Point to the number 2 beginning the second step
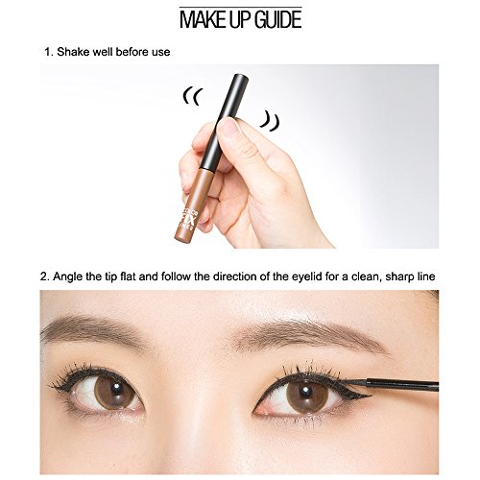44,277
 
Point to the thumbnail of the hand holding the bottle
230,128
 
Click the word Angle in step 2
74,277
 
